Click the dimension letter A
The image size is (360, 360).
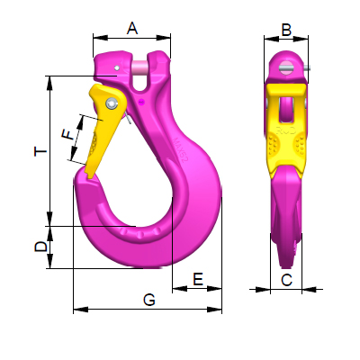point(132,29)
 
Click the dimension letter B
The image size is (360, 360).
point(286,30)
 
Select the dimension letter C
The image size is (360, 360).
point(286,280)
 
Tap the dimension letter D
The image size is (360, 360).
point(41,247)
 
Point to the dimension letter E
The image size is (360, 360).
point(198,279)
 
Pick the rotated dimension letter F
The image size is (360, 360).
point(67,134)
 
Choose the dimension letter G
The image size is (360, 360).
point(149,300)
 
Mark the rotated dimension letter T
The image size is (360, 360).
point(40,151)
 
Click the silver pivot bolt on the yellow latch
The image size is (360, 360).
point(112,103)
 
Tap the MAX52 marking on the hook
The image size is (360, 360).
point(181,150)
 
